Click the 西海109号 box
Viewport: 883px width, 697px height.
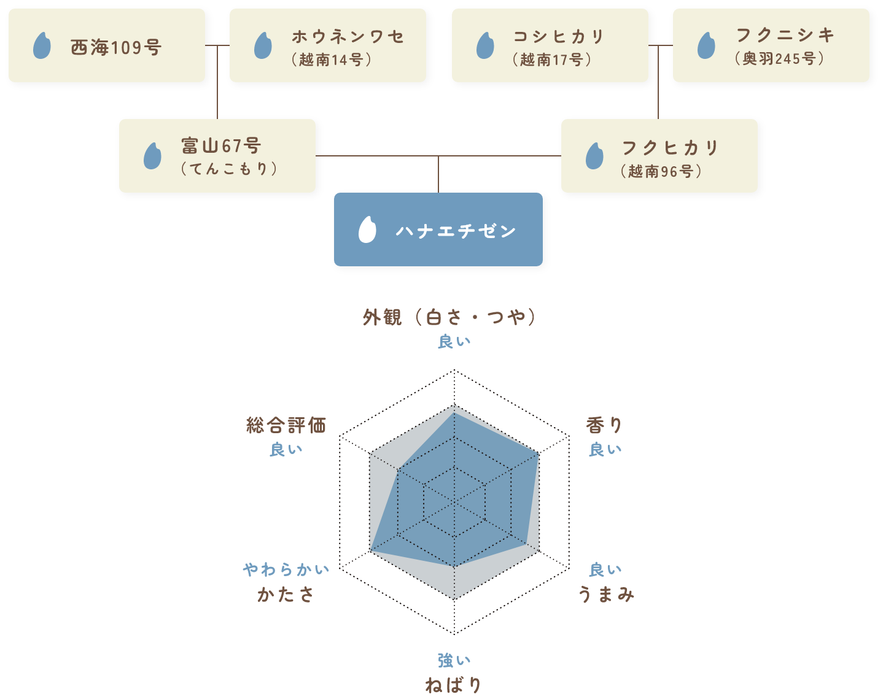(107, 46)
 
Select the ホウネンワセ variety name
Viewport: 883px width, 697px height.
(348, 37)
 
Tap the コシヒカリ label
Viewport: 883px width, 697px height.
(559, 37)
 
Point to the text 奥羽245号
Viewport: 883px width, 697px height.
(779, 59)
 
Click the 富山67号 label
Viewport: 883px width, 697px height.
(221, 146)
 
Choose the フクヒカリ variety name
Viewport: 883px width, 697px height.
(669, 148)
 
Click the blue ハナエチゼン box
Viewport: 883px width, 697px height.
(438, 229)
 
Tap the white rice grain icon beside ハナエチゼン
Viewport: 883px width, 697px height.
(367, 230)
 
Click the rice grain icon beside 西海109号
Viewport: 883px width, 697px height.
(42, 45)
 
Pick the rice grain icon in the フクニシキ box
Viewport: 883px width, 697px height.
(706, 45)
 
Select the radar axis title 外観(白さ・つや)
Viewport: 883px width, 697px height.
(449, 317)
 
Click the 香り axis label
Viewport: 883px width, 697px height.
(604, 425)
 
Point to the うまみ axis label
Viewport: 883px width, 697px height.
(606, 594)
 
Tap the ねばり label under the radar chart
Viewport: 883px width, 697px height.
(453, 685)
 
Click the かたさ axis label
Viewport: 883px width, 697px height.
(286, 594)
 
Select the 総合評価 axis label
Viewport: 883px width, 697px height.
(286, 425)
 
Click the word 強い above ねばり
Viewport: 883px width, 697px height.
(454, 660)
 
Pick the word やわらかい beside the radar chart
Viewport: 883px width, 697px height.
(286, 570)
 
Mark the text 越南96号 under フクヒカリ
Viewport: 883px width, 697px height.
(661, 171)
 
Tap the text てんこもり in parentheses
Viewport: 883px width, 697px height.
(228, 169)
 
